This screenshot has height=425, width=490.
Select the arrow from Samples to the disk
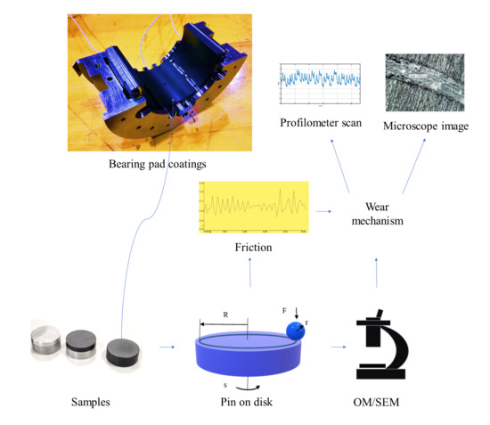pos(167,351)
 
